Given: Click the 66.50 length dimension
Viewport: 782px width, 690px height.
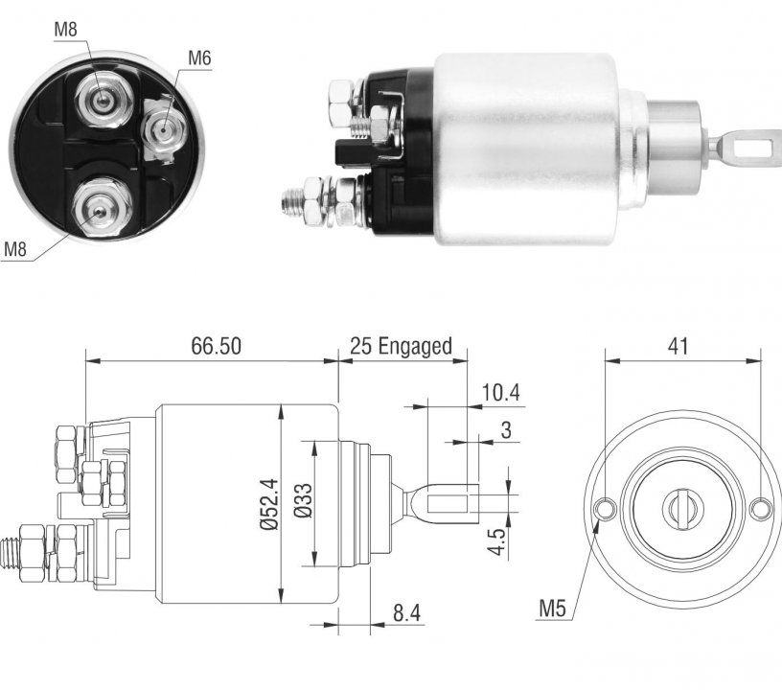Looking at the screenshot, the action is click(216, 346).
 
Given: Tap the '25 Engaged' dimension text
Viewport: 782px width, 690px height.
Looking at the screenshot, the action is click(401, 346).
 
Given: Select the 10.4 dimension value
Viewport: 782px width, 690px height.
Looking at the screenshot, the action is click(500, 393).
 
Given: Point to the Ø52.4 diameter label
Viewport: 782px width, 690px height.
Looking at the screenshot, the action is click(269, 504).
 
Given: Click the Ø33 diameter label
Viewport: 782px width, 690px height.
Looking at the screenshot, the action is click(303, 500).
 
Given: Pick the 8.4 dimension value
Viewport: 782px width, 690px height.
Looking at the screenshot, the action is click(407, 612).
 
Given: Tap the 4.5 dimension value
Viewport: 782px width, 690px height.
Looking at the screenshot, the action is click(496, 541).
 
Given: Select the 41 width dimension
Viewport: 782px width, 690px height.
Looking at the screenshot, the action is click(678, 346).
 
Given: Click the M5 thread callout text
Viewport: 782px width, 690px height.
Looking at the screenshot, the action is click(553, 609).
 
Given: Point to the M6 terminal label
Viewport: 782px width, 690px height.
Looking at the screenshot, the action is click(199, 58).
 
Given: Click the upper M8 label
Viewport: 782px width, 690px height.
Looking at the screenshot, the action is click(66, 29).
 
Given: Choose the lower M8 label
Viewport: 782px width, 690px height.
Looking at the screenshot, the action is click(15, 248).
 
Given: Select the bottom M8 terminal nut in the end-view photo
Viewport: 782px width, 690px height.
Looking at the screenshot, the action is click(102, 208).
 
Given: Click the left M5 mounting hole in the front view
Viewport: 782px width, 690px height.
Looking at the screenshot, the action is click(606, 509).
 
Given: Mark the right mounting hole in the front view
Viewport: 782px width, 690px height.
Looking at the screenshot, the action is click(761, 509).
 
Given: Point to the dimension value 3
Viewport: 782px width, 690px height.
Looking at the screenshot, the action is click(506, 429).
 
